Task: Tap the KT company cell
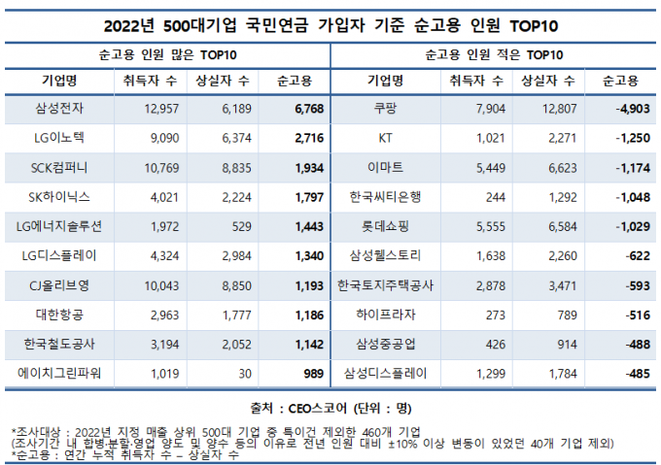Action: [x=385, y=139]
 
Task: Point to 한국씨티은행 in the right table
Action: [x=385, y=197]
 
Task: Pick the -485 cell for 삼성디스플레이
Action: [x=627, y=372]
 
